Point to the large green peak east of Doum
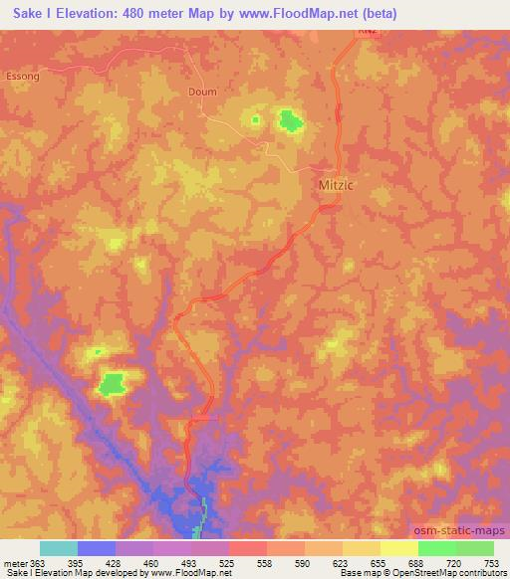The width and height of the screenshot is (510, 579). click(291, 121)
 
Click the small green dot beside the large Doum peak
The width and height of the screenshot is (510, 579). click(255, 120)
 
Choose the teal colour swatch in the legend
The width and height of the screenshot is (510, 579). click(59, 548)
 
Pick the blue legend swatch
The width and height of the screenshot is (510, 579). click(97, 548)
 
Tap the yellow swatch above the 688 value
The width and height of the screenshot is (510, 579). click(399, 548)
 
